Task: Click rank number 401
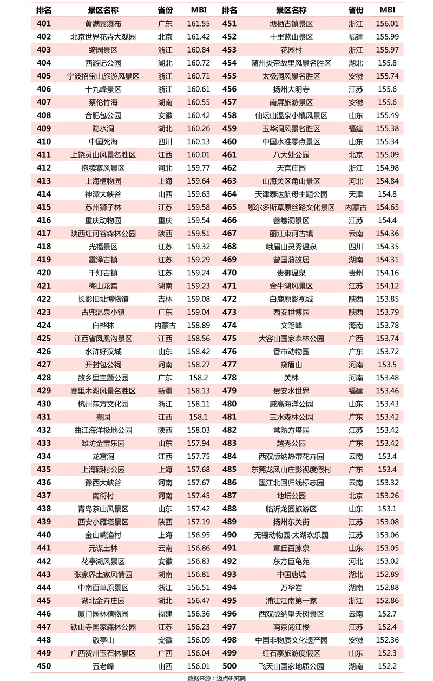[44, 24]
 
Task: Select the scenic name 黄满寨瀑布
[103, 24]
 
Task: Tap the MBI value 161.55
[198, 24]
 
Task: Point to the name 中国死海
[103, 142]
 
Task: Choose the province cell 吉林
[165, 299]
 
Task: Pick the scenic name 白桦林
[103, 326]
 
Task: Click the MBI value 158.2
[198, 378]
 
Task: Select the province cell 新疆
[165, 391]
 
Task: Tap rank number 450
[44, 666]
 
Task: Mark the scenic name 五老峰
[103, 666]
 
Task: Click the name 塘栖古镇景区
[291, 24]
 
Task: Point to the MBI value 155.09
[387, 155]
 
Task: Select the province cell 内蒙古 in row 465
[356, 207]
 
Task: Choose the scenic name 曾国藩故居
[291, 260]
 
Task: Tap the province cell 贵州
[356, 273]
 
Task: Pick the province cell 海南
[356, 326]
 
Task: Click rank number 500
[229, 666]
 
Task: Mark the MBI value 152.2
[387, 666]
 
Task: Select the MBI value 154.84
[387, 181]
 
